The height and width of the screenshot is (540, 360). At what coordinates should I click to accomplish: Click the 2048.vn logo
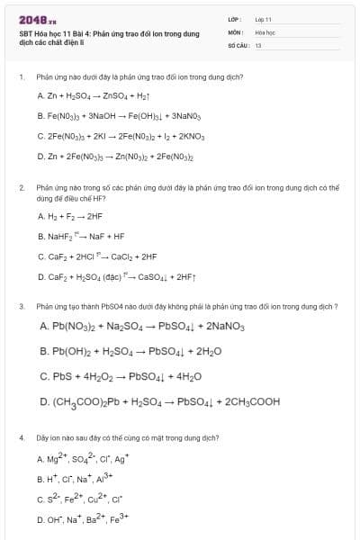tap(37, 19)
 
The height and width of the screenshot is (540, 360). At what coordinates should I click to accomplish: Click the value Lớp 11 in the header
tap(263, 19)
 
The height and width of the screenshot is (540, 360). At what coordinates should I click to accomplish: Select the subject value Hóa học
tap(264, 31)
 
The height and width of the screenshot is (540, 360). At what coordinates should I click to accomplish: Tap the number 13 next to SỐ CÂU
tap(258, 44)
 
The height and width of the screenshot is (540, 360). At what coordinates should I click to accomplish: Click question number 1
tap(21, 77)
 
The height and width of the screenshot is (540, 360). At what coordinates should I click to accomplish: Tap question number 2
tap(21, 188)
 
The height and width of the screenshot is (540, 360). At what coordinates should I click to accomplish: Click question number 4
tap(21, 437)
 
